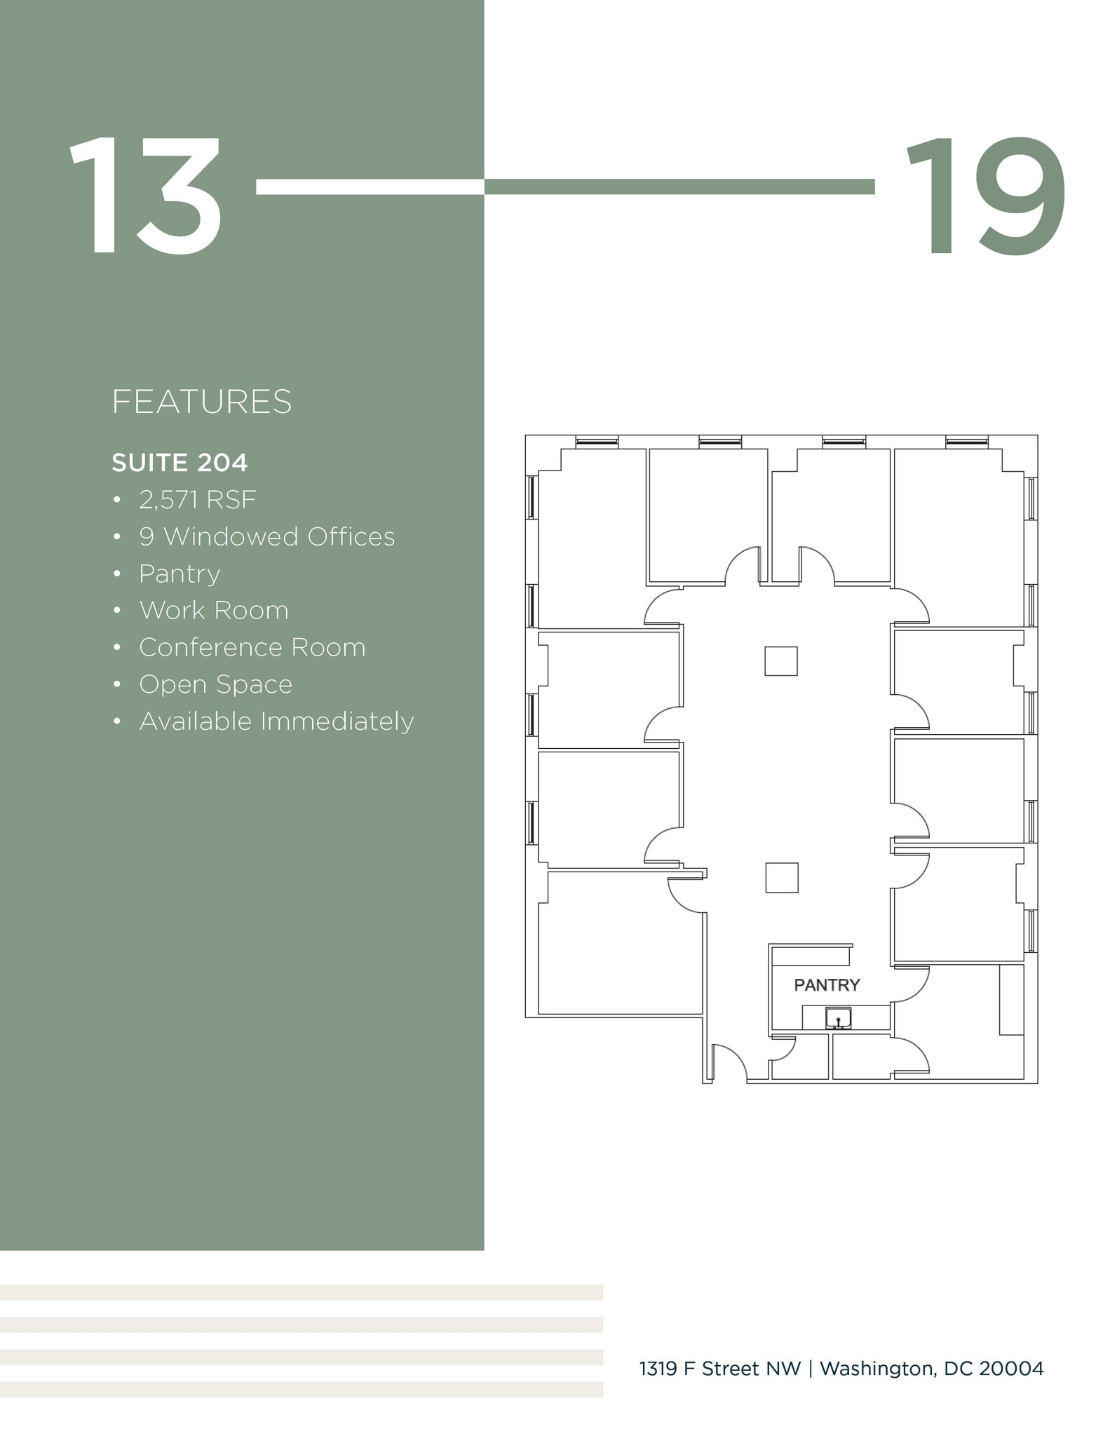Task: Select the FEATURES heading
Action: [x=201, y=402]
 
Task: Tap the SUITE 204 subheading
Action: [x=180, y=463]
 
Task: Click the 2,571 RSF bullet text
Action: [x=198, y=500]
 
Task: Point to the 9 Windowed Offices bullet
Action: [x=266, y=537]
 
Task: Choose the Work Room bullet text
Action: [x=214, y=611]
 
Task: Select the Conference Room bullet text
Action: [x=252, y=648]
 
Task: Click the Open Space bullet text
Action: [x=216, y=684]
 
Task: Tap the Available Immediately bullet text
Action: [x=276, y=722]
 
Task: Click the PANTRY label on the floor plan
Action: [x=827, y=985]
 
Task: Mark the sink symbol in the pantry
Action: [x=838, y=1018]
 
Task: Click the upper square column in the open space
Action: [x=781, y=661]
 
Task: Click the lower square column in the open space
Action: [x=782, y=878]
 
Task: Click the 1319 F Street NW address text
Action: [x=720, y=1369]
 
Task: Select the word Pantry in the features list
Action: [x=180, y=574]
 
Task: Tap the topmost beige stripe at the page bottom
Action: [x=302, y=1292]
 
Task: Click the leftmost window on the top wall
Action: [x=597, y=442]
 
